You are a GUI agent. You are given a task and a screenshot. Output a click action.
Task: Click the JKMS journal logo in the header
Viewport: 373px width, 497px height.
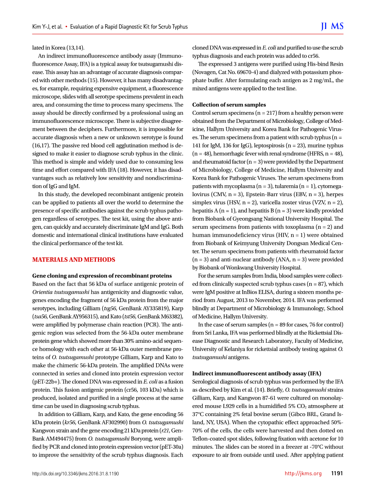[332, 27]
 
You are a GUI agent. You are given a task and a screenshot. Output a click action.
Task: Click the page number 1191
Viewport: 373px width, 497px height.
[337, 473]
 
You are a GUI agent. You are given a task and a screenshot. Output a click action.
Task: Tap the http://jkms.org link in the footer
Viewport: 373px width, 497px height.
[303, 473]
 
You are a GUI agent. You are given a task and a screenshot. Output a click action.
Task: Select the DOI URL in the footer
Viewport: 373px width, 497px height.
[75, 474]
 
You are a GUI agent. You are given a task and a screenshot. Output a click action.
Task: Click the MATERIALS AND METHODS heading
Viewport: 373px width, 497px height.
[74, 260]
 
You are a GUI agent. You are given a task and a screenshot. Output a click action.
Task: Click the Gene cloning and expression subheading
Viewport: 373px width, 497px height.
[102, 276]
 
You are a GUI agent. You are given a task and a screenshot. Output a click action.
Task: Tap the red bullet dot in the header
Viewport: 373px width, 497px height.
[66, 27]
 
